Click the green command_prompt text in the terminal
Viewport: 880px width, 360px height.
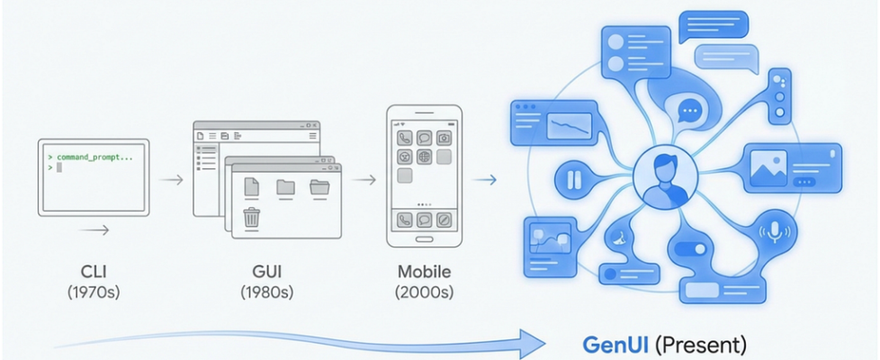(x=94, y=157)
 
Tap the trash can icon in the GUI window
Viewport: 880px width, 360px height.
(x=252, y=217)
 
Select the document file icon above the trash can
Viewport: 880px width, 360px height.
(x=252, y=186)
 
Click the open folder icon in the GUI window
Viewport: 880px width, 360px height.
(x=320, y=187)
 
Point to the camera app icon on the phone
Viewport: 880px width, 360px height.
(x=444, y=138)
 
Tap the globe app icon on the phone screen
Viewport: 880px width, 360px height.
(x=424, y=157)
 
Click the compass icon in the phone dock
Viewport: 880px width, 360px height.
(x=444, y=219)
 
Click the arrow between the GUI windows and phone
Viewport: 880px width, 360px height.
(x=364, y=180)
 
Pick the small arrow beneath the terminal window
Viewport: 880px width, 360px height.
(x=94, y=230)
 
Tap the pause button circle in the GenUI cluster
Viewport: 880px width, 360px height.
(x=572, y=177)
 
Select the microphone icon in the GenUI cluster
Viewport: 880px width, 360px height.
(x=775, y=230)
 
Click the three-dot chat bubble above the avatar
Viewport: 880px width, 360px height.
(x=689, y=112)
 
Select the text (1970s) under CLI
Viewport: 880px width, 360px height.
(x=94, y=292)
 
